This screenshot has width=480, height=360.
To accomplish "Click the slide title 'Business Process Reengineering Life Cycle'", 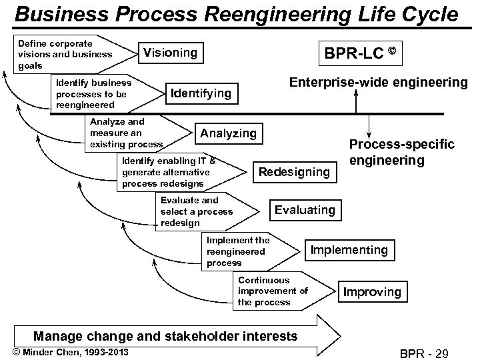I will click(x=237, y=14).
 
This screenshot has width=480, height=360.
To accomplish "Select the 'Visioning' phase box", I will click(x=171, y=52).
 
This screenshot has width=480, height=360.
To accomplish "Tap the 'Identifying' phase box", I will click(x=201, y=93).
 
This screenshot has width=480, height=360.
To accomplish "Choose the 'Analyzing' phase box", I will click(x=229, y=133).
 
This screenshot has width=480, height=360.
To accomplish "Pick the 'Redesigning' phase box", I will click(x=294, y=172).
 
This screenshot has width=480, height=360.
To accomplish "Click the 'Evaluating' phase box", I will click(x=305, y=210).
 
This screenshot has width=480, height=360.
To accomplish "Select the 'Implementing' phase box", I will click(x=349, y=250).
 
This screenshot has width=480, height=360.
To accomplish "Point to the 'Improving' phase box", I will click(x=372, y=291).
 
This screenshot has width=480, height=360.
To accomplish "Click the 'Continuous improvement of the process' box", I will click(x=277, y=291).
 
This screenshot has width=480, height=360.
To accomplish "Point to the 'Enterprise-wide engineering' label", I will click(x=378, y=82).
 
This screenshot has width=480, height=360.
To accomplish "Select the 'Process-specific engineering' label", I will click(x=402, y=153).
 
